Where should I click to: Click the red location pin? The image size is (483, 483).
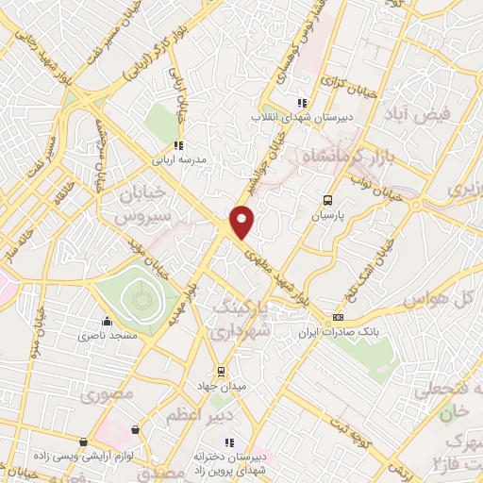[242, 222]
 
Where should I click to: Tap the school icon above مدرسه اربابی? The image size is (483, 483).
[177, 144]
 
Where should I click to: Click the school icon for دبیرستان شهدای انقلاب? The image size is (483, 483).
[301, 104]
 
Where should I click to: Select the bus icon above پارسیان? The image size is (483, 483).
[327, 200]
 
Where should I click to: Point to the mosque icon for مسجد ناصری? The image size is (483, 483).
[108, 321]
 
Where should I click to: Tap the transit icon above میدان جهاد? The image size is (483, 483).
[221, 371]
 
